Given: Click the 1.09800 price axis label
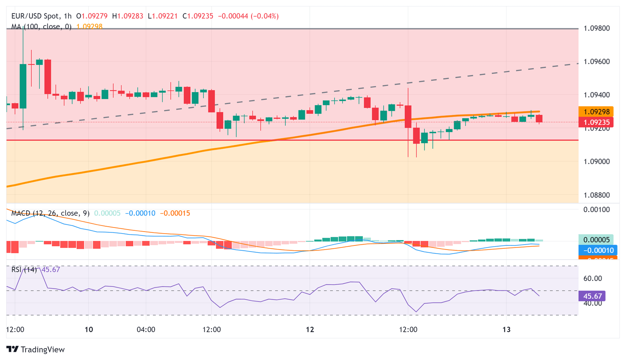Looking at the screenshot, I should (x=597, y=29).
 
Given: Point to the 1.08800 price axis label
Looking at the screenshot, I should (x=597, y=195).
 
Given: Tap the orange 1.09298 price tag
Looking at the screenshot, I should (x=596, y=112).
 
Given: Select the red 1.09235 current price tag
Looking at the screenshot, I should (x=596, y=122).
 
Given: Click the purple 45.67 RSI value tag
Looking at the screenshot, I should (x=592, y=296).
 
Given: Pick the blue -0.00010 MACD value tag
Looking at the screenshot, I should (x=598, y=250).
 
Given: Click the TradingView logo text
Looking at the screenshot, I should (x=42, y=349).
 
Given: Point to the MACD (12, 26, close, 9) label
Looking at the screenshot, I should (x=50, y=213).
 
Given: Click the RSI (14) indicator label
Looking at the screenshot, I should (x=24, y=269).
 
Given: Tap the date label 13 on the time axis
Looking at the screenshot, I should (x=506, y=329).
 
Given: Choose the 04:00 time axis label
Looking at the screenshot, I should (x=146, y=329).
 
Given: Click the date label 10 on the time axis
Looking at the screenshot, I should (x=89, y=329).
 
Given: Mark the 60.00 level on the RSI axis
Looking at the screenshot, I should (x=593, y=278).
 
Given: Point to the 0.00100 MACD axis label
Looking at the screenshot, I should (x=597, y=210).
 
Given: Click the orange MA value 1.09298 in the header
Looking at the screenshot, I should (x=89, y=27).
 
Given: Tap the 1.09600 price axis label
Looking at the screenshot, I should (x=597, y=62).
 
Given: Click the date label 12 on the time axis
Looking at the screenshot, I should (x=310, y=329).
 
